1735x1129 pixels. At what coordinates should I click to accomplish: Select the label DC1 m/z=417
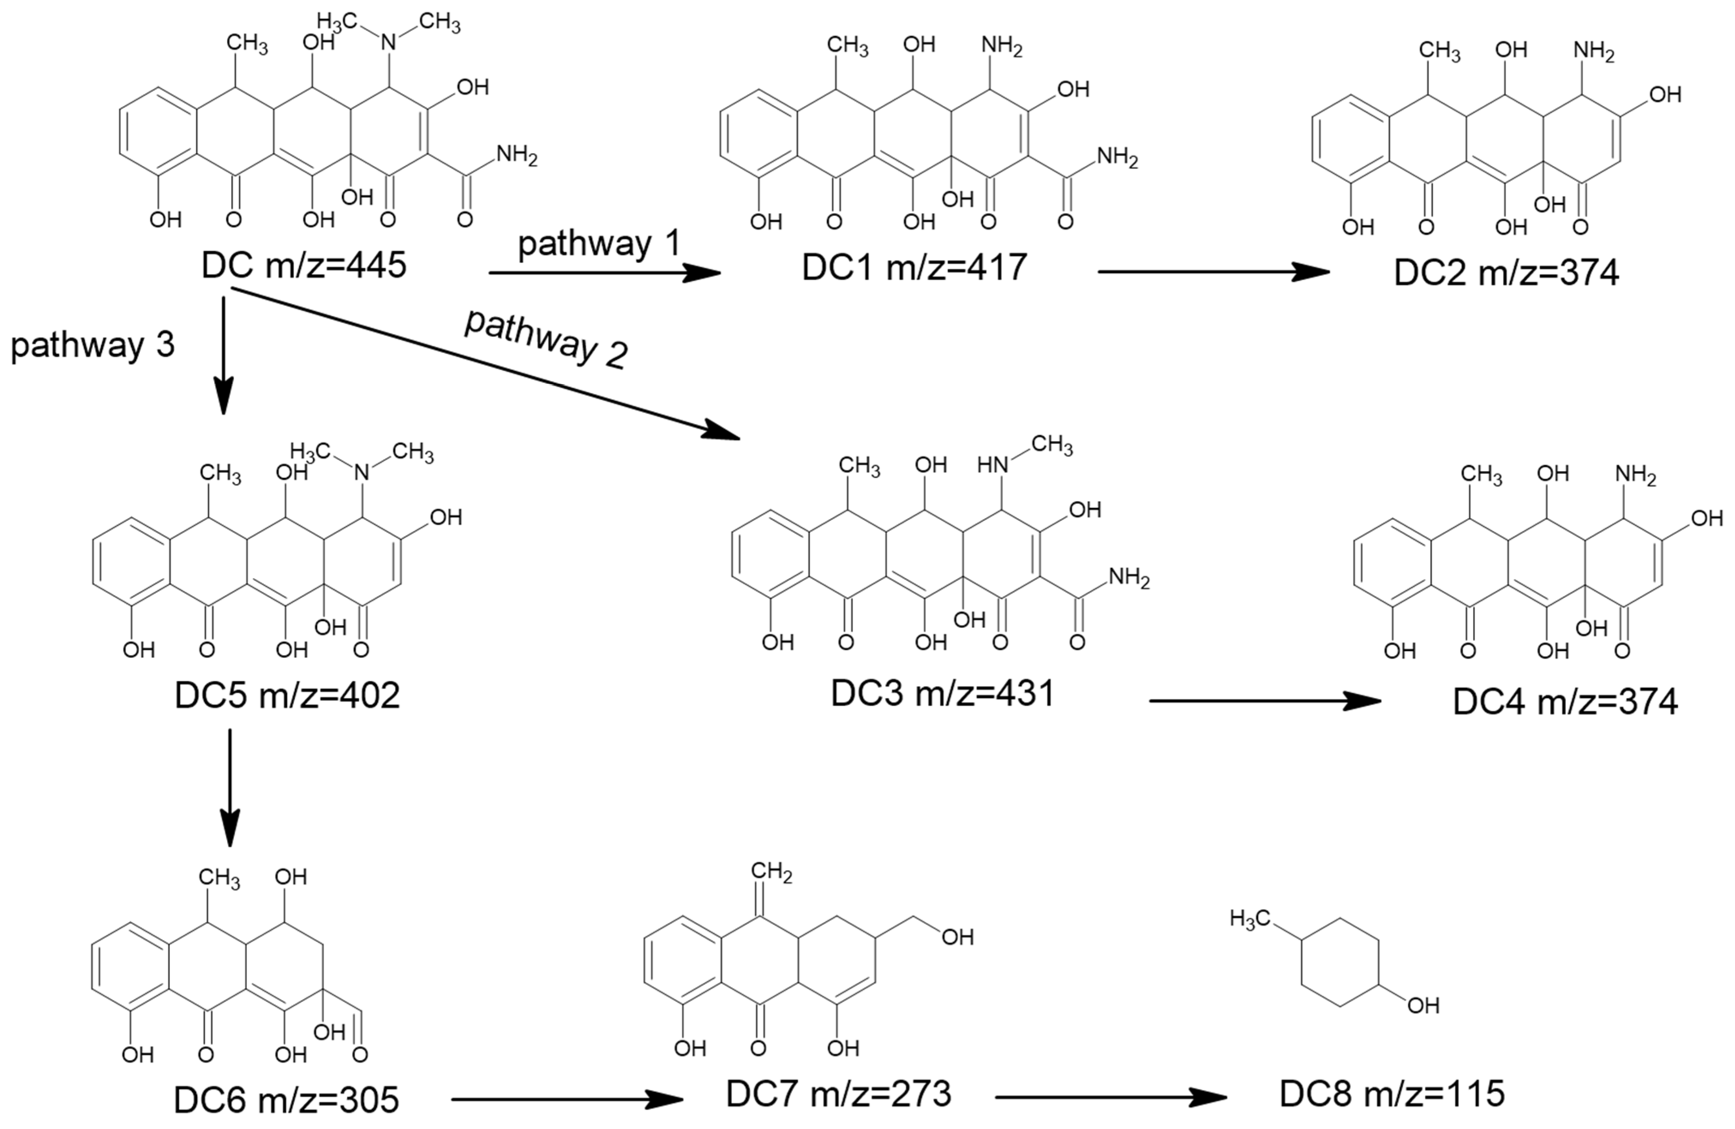[914, 268]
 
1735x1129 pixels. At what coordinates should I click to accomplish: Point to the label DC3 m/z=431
[942, 693]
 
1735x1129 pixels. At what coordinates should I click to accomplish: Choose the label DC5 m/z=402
[287, 695]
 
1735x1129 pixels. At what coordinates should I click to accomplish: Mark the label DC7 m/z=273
[838, 1094]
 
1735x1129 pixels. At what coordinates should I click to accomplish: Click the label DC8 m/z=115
[1392, 1094]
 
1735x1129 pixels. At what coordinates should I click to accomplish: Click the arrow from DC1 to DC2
[1213, 272]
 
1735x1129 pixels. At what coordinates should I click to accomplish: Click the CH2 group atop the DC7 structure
[771, 872]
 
